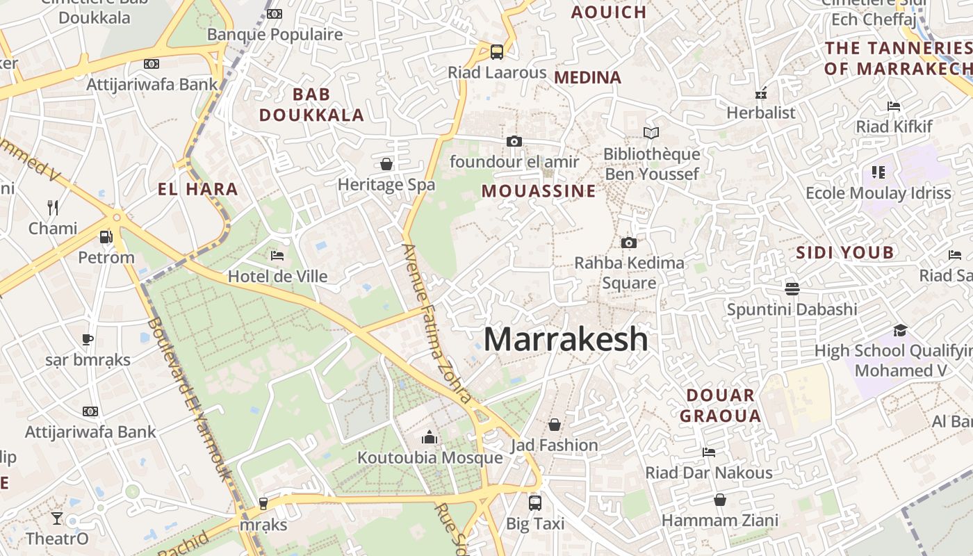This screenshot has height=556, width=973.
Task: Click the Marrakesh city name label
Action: point(566,339)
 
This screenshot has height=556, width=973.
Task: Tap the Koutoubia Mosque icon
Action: point(430,437)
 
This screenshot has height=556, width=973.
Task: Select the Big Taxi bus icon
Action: point(534,502)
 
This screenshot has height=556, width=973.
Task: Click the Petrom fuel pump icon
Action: point(106,237)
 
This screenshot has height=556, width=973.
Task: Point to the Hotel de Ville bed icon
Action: point(277,256)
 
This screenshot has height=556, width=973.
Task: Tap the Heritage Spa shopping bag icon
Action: point(386,164)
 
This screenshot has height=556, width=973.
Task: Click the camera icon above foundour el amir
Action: point(514,142)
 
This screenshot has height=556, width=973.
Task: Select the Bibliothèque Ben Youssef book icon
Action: point(651,133)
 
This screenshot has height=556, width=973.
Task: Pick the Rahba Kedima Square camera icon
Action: point(628,243)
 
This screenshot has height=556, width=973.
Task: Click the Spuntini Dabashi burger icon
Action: point(792,288)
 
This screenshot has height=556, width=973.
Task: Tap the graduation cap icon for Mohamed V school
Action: point(900,330)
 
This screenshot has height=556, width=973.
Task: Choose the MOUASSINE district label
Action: point(539,191)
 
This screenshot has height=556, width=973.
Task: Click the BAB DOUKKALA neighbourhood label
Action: point(311,105)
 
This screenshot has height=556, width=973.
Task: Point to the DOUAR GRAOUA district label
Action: point(720,406)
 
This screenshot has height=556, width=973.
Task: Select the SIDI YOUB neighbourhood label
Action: point(844,252)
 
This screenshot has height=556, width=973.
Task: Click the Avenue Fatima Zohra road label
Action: point(437,323)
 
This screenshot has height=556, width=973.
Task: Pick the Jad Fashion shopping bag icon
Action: point(555,424)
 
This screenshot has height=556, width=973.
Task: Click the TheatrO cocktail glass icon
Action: point(56,518)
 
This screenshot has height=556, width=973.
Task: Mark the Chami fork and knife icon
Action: point(53,207)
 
